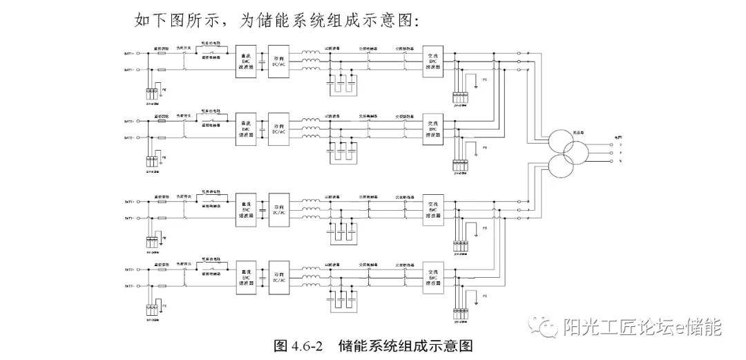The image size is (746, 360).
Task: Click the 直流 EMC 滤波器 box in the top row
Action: tap(245, 61)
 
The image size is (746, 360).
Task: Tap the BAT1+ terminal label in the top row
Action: tap(128, 53)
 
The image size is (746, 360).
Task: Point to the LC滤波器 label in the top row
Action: tap(333, 48)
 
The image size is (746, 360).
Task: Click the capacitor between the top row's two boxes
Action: tap(262, 62)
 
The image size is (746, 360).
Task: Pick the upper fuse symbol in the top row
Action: tap(162, 53)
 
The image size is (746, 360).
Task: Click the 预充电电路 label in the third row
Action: tap(210, 189)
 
